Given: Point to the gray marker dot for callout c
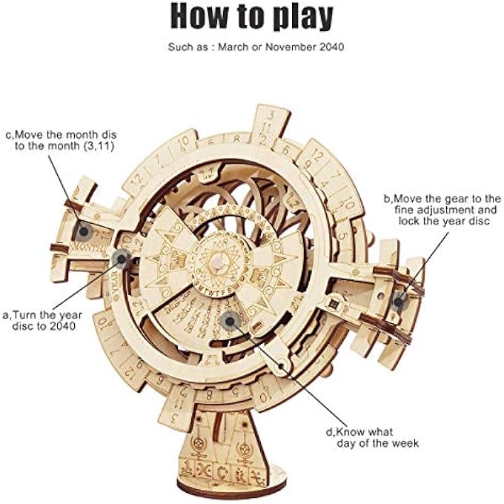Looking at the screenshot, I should pyautogui.click(x=83, y=230).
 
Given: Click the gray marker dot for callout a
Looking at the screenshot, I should pyautogui.click(x=120, y=259).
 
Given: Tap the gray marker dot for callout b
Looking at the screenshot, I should pyautogui.click(x=400, y=300).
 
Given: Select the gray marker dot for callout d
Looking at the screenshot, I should pyautogui.click(x=228, y=320).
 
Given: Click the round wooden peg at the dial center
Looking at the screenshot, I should pyautogui.click(x=217, y=264).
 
